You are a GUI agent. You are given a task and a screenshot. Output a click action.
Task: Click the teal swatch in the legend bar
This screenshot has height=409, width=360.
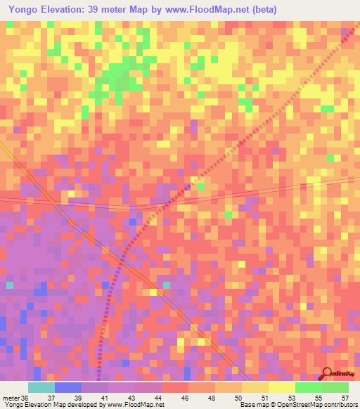(x=41, y=388)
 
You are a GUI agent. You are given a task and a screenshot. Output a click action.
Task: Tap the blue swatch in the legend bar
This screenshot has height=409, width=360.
(x=67, y=388)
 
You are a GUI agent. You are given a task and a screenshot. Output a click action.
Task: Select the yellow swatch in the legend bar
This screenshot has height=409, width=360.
(x=281, y=388)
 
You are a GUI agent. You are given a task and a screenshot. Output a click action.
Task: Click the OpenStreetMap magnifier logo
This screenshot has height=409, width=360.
(x=328, y=374)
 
